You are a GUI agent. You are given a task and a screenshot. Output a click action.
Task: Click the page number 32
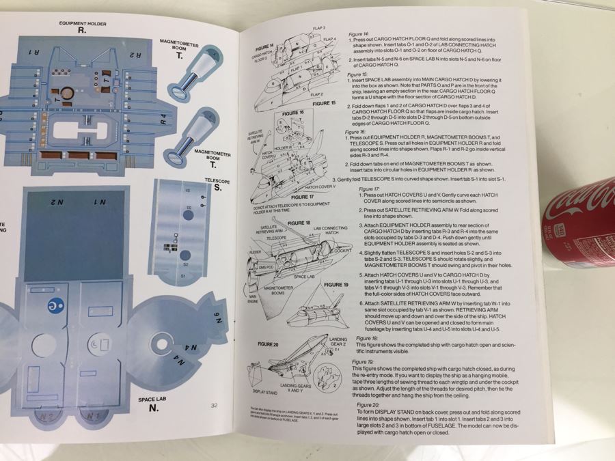coord(214,406)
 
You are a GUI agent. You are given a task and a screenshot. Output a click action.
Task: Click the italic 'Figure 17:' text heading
coord(369,188)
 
